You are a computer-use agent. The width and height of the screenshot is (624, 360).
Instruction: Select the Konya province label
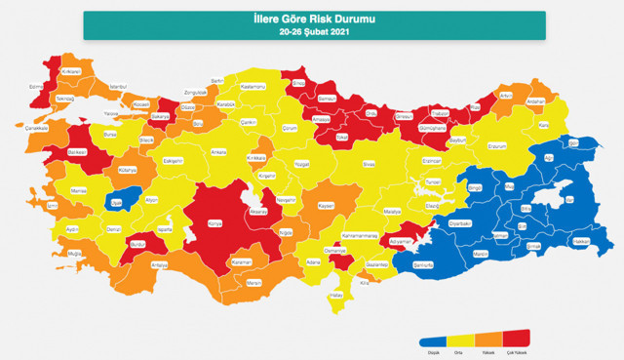click(216, 222)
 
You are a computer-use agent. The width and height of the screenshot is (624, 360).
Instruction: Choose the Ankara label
click(219, 152)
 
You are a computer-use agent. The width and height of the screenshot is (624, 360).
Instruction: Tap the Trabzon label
click(441, 113)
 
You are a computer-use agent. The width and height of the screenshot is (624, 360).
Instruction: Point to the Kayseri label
click(327, 206)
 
